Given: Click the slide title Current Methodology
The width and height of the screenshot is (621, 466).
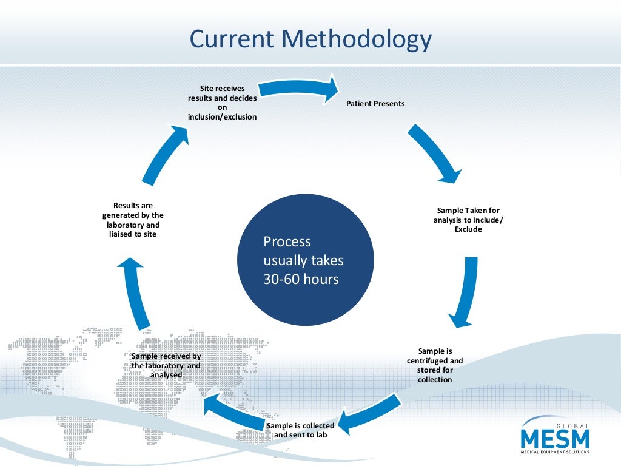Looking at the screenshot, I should coord(310,39).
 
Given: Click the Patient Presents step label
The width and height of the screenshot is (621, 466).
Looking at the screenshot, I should coord(375,104).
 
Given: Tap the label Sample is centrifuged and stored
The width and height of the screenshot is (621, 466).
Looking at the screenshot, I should coord(435,365).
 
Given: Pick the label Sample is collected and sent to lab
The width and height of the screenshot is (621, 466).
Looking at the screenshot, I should coord(300,430).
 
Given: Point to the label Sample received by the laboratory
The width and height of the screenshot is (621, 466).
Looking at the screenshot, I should coord(166,365).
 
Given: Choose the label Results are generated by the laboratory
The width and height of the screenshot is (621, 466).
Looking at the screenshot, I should coord(133,220).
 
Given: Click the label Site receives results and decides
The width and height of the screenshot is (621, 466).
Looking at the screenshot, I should coord(222,103).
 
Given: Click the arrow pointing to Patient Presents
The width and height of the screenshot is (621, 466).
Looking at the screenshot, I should coord(300,89).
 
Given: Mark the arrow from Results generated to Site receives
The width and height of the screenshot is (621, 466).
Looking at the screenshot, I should coord(164,154).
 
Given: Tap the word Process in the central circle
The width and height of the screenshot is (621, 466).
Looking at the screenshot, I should coord(287,241).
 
